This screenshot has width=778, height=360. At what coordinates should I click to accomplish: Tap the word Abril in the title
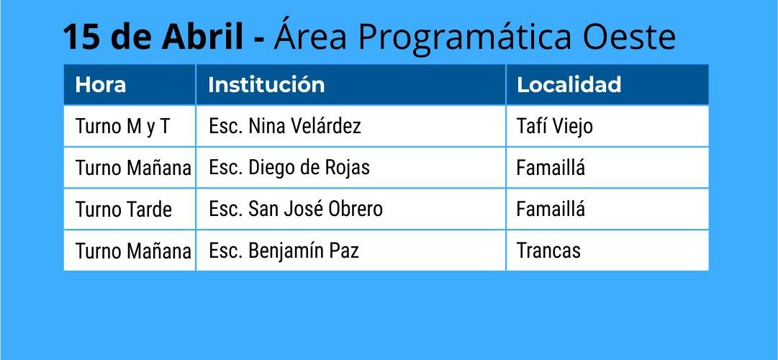202,37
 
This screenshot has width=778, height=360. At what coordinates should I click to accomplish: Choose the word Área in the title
310,34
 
